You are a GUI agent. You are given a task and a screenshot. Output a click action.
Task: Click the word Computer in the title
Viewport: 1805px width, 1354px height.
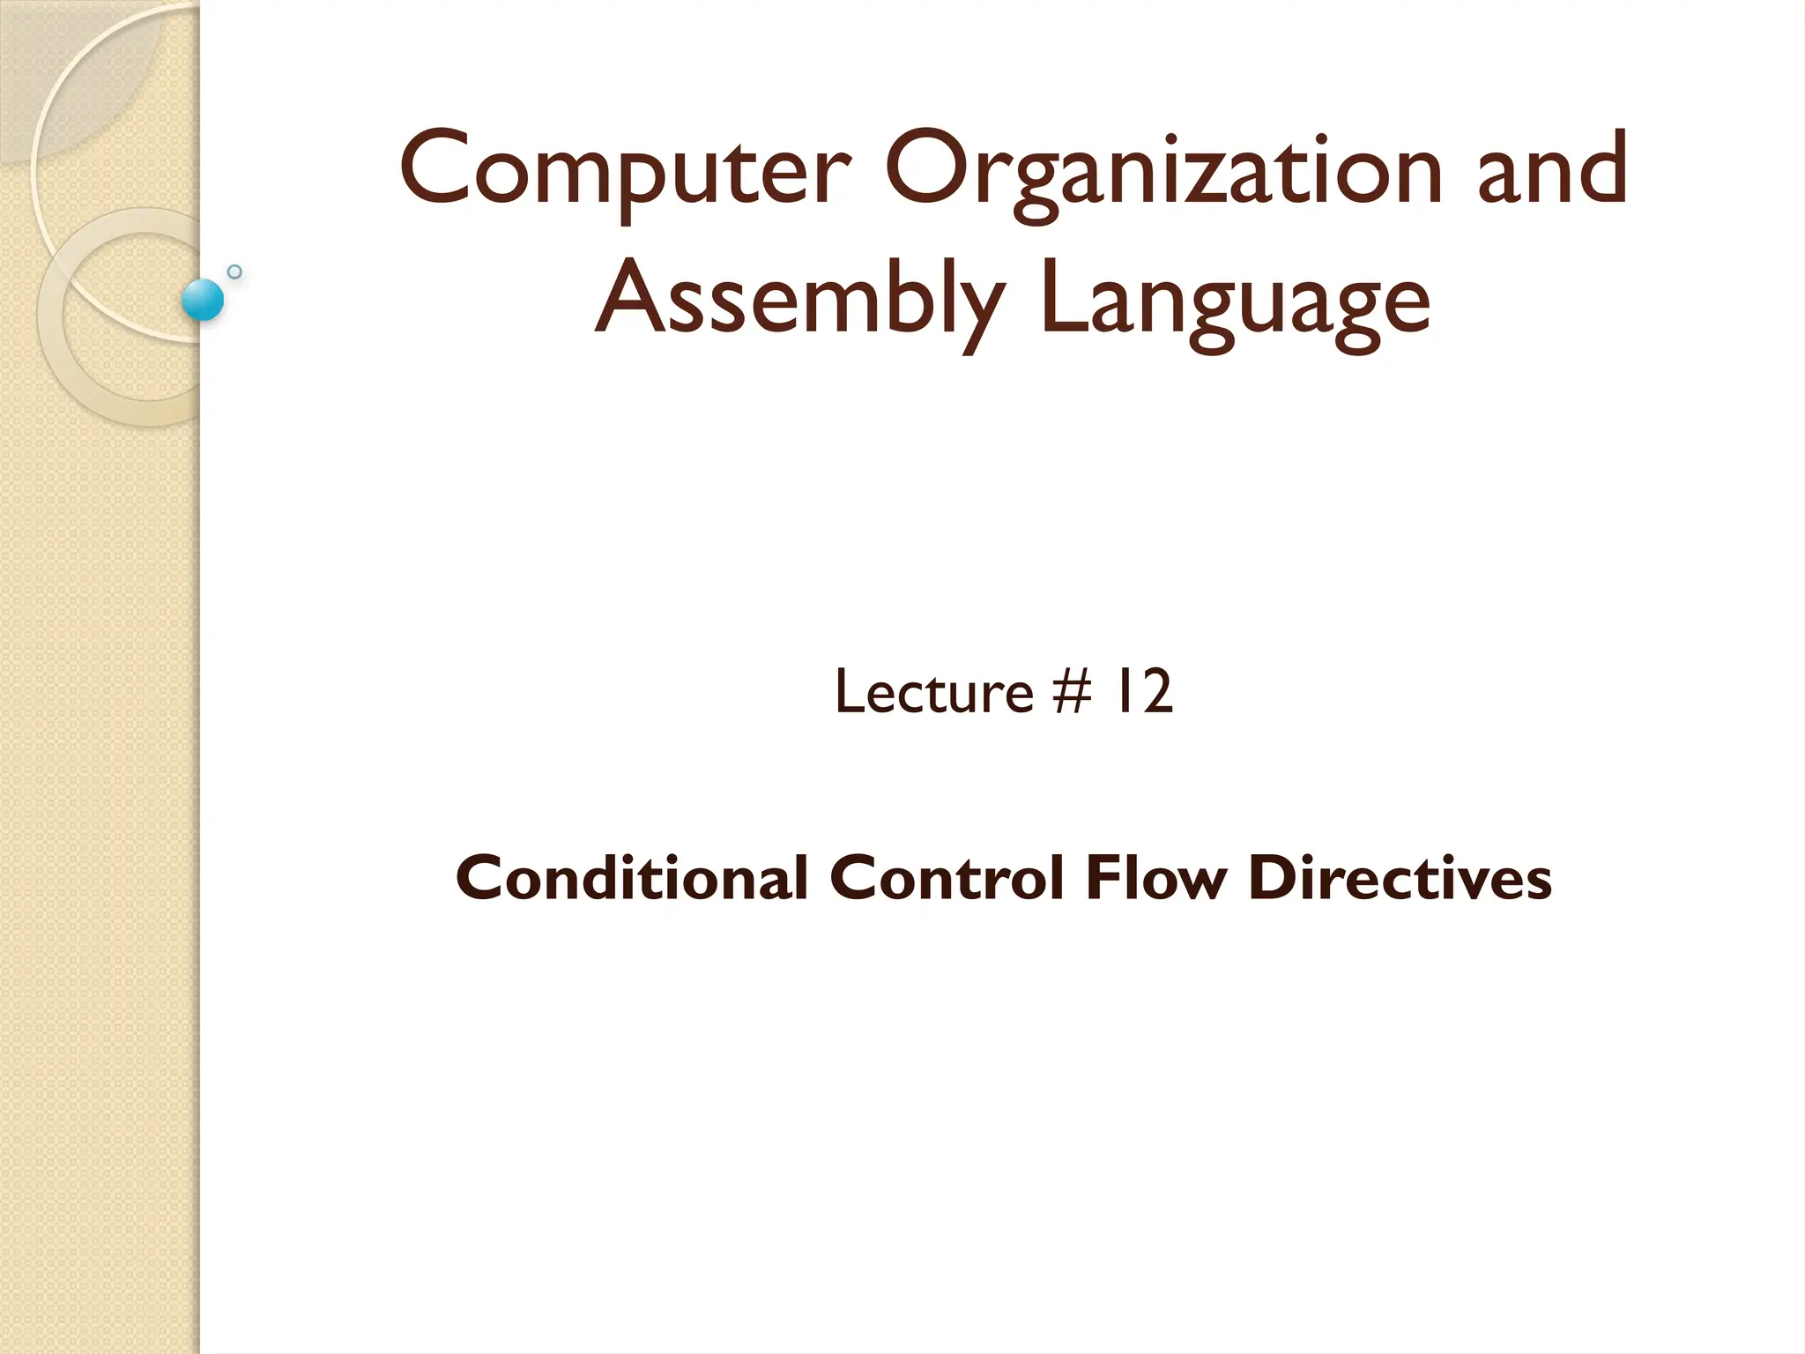pyautogui.click(x=625, y=170)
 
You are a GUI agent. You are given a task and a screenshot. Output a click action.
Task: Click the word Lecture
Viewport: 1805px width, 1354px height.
pyautogui.click(x=933, y=692)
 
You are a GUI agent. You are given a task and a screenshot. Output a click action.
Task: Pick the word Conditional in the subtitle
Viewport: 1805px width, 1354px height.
pyautogui.click(x=632, y=879)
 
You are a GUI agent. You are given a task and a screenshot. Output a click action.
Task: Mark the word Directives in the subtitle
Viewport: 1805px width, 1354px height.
pyautogui.click(x=1400, y=879)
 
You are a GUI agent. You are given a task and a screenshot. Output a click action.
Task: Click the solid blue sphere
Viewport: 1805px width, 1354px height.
pyautogui.click(x=203, y=300)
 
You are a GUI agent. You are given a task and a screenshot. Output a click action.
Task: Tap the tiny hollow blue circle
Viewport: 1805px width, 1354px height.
pyautogui.click(x=234, y=272)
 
